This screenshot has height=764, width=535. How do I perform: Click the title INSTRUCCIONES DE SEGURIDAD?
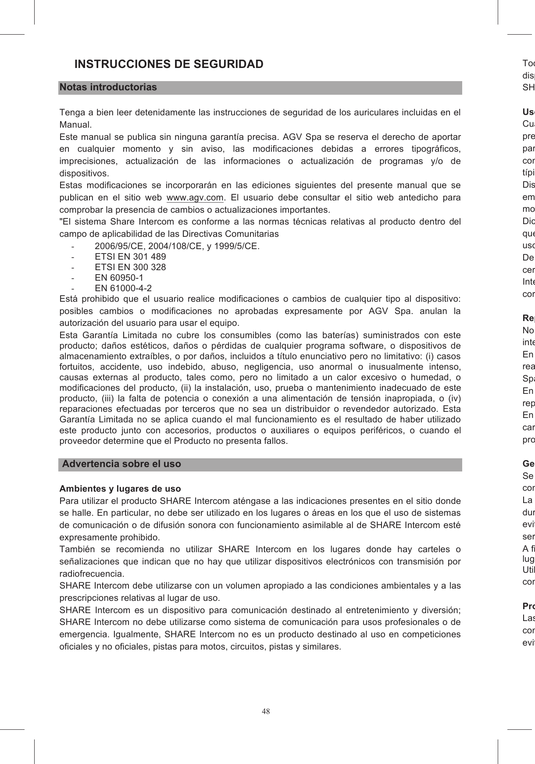[169, 64]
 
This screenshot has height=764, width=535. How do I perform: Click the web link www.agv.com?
[195, 197]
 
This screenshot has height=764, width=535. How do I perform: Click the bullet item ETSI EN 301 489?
[130, 257]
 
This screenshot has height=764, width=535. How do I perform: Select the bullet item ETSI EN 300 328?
[130, 267]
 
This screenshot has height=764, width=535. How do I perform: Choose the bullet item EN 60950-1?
[119, 278]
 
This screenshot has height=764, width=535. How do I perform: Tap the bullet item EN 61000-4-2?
[123, 288]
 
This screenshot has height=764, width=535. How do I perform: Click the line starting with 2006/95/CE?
[177, 246]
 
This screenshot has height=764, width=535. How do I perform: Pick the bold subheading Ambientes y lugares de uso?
[120, 489]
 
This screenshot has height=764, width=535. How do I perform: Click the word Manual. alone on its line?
[75, 125]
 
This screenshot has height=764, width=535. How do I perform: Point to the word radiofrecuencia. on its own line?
[92, 574]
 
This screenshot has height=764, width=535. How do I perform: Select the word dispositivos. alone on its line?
[84, 174]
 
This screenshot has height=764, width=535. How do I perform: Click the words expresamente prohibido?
[110, 537]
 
